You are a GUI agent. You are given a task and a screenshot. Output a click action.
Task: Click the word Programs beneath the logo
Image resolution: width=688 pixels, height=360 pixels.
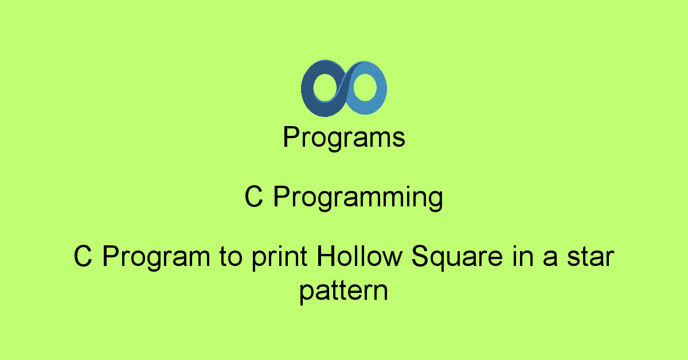pos(344,138)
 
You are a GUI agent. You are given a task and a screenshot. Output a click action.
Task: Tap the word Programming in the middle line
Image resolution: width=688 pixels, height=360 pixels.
pos(358,198)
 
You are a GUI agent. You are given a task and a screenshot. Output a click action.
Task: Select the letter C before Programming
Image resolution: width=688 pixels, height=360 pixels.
pos(254,196)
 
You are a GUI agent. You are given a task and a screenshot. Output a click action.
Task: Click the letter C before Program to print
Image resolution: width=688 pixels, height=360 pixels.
pos(83,256)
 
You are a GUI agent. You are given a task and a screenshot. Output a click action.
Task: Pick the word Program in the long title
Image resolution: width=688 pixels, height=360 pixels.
pos(157,257)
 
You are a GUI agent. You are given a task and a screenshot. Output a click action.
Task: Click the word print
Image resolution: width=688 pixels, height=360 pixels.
pos(280,258)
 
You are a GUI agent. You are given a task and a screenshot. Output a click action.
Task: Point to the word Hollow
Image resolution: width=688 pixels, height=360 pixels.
pos(359,256)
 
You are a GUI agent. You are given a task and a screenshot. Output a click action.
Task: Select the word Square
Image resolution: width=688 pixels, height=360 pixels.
pos(457,257)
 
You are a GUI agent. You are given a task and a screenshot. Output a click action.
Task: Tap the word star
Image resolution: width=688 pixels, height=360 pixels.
pos(591,257)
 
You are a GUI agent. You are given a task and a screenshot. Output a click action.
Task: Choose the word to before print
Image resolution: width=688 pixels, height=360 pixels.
pos(230,257)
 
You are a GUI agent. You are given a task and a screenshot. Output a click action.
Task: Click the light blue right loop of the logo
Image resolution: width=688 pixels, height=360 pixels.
pos(381,89)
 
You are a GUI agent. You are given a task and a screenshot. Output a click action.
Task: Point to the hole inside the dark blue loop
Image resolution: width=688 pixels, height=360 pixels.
pos(326,87)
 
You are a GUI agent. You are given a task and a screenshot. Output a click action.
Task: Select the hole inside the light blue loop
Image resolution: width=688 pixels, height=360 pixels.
pos(365,87)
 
